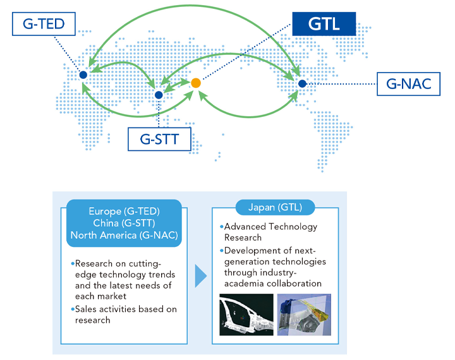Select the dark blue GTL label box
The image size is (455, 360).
[x=324, y=24]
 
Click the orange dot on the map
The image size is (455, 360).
[x=196, y=83]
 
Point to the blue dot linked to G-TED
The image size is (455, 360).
[x=83, y=75]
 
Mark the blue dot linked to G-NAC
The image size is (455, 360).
[x=302, y=84]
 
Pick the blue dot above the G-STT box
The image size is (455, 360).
[x=159, y=95]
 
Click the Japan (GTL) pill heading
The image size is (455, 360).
[x=275, y=207]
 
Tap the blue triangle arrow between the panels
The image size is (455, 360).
[x=201, y=276]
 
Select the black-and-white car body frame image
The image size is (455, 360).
[x=246, y=315]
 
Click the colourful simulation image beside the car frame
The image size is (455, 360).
[x=304, y=315]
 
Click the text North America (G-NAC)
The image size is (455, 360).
[x=124, y=235]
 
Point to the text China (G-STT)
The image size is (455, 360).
[x=124, y=223]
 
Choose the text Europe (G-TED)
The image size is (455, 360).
[x=124, y=211]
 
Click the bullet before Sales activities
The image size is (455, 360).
[x=73, y=309]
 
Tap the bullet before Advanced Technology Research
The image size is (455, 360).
[x=222, y=226]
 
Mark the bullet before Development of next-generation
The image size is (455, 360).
[x=222, y=250]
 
